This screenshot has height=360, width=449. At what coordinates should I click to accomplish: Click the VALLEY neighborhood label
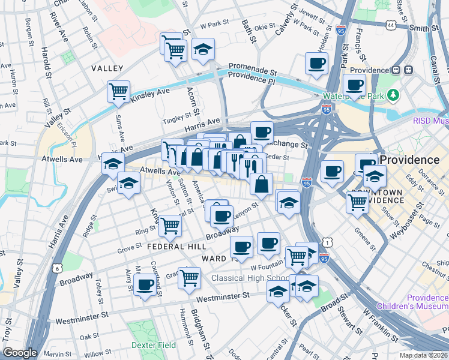pyautogui.click(x=107, y=69)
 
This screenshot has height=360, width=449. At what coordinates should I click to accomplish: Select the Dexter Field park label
pyautogui.click(x=152, y=346)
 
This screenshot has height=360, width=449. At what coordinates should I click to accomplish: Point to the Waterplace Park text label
pyautogui.click(x=353, y=96)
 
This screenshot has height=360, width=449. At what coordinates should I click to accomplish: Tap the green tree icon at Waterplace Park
pyautogui.click(x=393, y=95)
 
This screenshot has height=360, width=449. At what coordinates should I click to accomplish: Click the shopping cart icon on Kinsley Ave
pyautogui.click(x=118, y=92)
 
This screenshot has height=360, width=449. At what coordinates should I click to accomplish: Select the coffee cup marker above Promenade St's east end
pyautogui.click(x=316, y=63)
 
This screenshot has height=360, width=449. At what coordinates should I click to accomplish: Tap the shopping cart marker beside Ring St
pyautogui.click(x=170, y=226)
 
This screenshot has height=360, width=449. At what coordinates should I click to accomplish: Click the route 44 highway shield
pyautogui.click(x=391, y=25)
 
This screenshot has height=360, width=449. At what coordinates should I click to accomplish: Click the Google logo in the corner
pyautogui.click(x=20, y=353)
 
